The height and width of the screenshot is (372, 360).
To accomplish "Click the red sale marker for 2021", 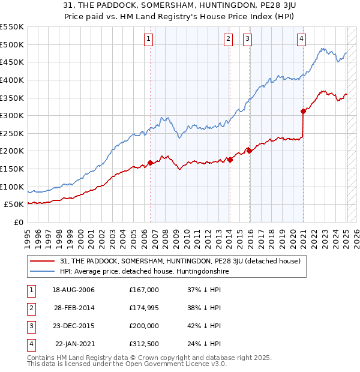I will [304, 111].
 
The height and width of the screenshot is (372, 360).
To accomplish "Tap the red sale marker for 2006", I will [150, 163].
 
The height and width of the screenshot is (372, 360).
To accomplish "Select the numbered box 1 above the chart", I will [148, 40].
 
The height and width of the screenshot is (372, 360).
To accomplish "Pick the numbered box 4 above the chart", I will [301, 40].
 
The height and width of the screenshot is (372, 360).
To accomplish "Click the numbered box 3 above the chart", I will [247, 40].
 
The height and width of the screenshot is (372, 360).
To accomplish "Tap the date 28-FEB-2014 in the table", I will [73, 308].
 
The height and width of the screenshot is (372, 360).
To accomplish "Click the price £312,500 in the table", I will [143, 344].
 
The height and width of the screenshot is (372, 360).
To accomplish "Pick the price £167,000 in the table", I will [143, 290].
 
